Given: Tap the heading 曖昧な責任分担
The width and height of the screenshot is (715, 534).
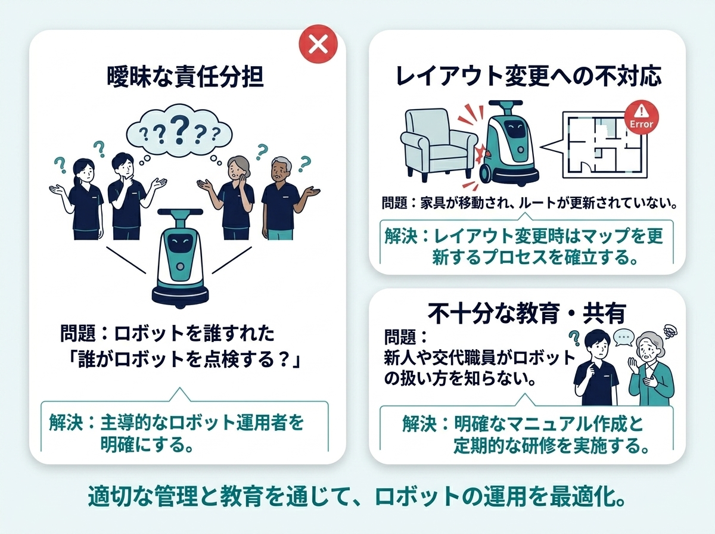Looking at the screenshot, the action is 185,77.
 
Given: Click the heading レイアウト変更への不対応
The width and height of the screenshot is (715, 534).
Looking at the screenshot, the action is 528,76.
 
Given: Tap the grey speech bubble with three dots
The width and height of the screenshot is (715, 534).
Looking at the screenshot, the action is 623,339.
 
